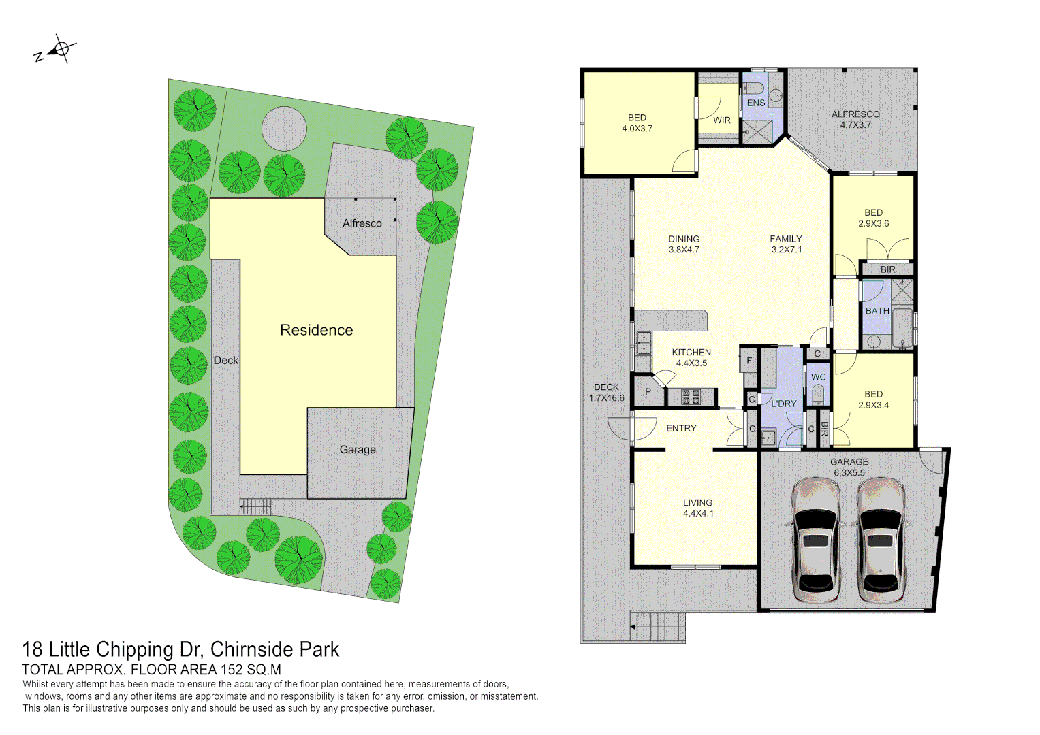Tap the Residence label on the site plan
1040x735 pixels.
click(x=316, y=330)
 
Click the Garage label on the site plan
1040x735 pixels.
click(x=358, y=450)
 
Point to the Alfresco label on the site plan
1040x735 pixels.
click(x=362, y=223)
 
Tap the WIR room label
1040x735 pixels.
click(x=722, y=120)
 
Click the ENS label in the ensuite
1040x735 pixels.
click(x=756, y=103)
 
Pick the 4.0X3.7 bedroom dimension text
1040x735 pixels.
click(x=637, y=129)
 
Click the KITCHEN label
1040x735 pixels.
click(x=691, y=352)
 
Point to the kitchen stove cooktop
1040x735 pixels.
click(x=691, y=396)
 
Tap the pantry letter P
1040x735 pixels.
click(x=648, y=391)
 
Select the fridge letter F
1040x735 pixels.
click(x=749, y=361)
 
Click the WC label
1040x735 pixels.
click(x=818, y=377)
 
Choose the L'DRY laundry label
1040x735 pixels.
click(x=783, y=404)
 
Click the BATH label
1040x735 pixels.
click(x=877, y=311)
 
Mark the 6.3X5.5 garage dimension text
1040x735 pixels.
click(x=848, y=472)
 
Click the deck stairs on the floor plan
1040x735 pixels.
click(x=657, y=626)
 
